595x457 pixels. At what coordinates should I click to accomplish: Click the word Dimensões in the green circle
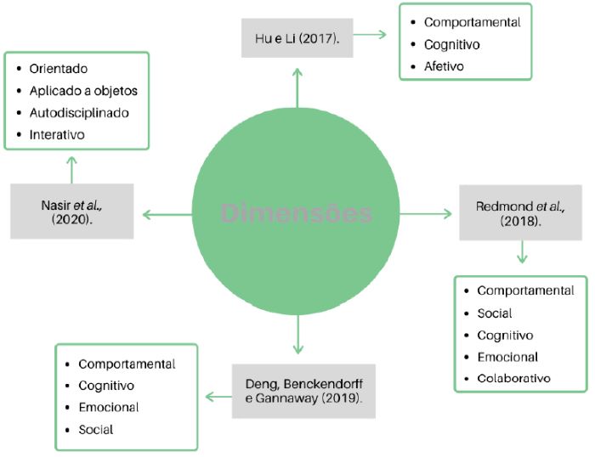click(x=297, y=212)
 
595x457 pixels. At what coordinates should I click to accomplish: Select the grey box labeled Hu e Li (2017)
click(x=297, y=38)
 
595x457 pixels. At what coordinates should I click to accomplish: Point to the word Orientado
click(x=59, y=69)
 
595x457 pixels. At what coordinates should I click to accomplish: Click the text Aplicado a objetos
click(x=83, y=91)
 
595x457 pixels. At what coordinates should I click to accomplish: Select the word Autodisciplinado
click(x=79, y=112)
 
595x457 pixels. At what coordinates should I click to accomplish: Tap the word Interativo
click(x=57, y=134)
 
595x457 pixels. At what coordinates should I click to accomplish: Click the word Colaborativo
click(x=513, y=378)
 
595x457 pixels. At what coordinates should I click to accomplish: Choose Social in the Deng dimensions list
click(x=95, y=430)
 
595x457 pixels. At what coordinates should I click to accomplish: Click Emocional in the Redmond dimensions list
click(x=507, y=357)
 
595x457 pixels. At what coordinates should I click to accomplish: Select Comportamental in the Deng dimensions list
click(x=127, y=364)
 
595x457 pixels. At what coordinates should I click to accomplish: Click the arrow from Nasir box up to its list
click(x=72, y=169)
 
